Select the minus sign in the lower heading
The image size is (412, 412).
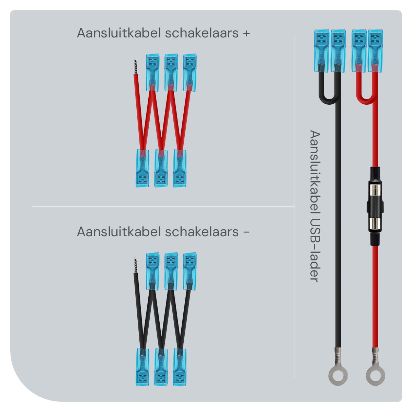pos(246,232)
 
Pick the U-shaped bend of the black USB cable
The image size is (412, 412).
pos(329,99)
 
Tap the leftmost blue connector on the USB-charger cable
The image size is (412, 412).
pos(321,51)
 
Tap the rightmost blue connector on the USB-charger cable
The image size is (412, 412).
pos(375,51)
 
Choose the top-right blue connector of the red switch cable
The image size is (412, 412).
pos(190,72)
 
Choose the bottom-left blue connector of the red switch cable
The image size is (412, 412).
pos(142,168)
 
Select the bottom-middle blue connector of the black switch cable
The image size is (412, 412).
pos(161,367)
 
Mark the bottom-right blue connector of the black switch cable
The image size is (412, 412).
pos(179,367)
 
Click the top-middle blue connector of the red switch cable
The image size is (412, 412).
pos(171,72)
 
